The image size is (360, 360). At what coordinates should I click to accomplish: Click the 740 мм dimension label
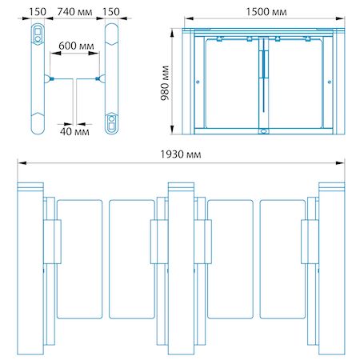[74, 12]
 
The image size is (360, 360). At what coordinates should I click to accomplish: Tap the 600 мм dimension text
[76, 46]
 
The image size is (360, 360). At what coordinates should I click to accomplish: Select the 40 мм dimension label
[74, 131]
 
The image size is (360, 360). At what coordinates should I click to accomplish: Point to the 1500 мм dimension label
[266, 12]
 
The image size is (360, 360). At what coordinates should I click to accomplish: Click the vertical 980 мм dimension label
[165, 82]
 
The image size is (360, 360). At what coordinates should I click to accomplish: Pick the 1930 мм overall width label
[181, 154]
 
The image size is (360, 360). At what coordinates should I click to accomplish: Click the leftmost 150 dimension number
[38, 12]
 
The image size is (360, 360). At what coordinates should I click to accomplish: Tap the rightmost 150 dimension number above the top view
[111, 12]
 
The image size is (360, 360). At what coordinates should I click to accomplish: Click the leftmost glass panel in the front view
[79, 259]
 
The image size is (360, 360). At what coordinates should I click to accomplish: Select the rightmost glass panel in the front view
[282, 259]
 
